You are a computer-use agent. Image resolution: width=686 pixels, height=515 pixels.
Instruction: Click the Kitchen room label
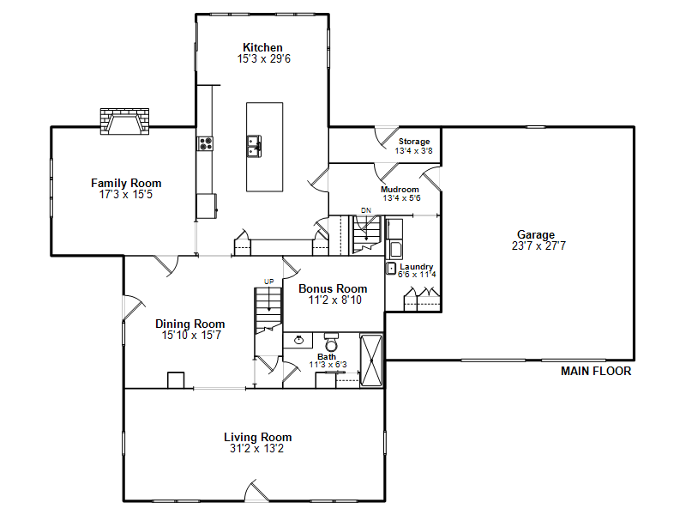click(262, 47)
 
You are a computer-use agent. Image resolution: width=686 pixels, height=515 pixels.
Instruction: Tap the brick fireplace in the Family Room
click(124, 121)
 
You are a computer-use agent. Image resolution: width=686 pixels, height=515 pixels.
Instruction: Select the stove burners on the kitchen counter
click(205, 143)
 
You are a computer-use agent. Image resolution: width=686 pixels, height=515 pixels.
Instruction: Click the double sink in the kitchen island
click(254, 146)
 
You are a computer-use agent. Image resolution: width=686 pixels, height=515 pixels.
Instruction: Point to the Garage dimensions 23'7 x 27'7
click(539, 245)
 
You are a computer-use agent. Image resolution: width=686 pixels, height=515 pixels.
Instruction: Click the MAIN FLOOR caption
click(596, 372)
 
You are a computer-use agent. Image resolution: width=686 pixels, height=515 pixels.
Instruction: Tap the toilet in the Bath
click(331, 342)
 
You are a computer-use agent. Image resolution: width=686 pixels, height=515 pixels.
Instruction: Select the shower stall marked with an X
click(371, 360)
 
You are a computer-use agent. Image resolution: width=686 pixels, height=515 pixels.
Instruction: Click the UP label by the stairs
click(268, 282)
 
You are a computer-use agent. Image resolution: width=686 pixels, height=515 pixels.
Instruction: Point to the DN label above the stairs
click(366, 210)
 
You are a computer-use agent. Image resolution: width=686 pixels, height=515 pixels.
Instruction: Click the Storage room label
click(414, 142)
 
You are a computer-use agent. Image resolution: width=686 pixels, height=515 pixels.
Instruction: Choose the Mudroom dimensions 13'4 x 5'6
click(401, 198)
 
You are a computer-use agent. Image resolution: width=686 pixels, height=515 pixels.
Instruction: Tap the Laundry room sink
click(391, 268)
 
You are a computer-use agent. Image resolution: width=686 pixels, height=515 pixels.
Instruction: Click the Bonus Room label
click(333, 288)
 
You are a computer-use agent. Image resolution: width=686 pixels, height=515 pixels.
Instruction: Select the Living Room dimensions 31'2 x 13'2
click(256, 448)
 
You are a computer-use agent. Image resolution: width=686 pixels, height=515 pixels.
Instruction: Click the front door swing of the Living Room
click(256, 490)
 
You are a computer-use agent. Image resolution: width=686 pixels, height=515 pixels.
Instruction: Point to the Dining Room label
click(190, 324)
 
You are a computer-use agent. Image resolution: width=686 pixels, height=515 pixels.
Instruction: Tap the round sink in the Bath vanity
click(298, 340)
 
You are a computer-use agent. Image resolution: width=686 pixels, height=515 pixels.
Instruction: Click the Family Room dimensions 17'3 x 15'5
click(126, 195)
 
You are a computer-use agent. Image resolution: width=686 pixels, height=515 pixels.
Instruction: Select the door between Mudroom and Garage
click(431, 178)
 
